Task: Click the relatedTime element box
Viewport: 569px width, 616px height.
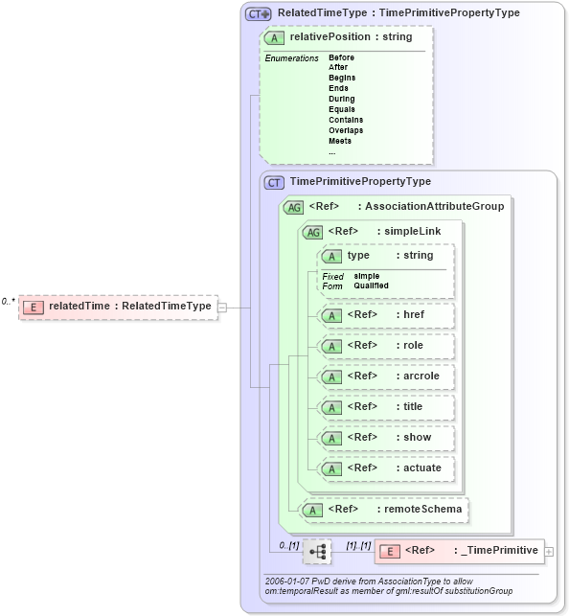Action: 118,307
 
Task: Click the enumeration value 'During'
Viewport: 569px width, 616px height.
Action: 341,99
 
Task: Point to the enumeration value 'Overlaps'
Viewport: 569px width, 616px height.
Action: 345,130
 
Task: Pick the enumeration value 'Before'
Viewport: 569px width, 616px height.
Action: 341,57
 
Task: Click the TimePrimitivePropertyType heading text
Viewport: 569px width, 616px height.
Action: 360,181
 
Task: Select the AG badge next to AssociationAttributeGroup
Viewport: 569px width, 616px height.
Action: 293,206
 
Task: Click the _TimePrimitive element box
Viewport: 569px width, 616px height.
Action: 459,551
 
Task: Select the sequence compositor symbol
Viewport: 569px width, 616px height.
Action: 316,551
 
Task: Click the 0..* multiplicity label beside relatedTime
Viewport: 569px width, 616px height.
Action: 8,302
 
